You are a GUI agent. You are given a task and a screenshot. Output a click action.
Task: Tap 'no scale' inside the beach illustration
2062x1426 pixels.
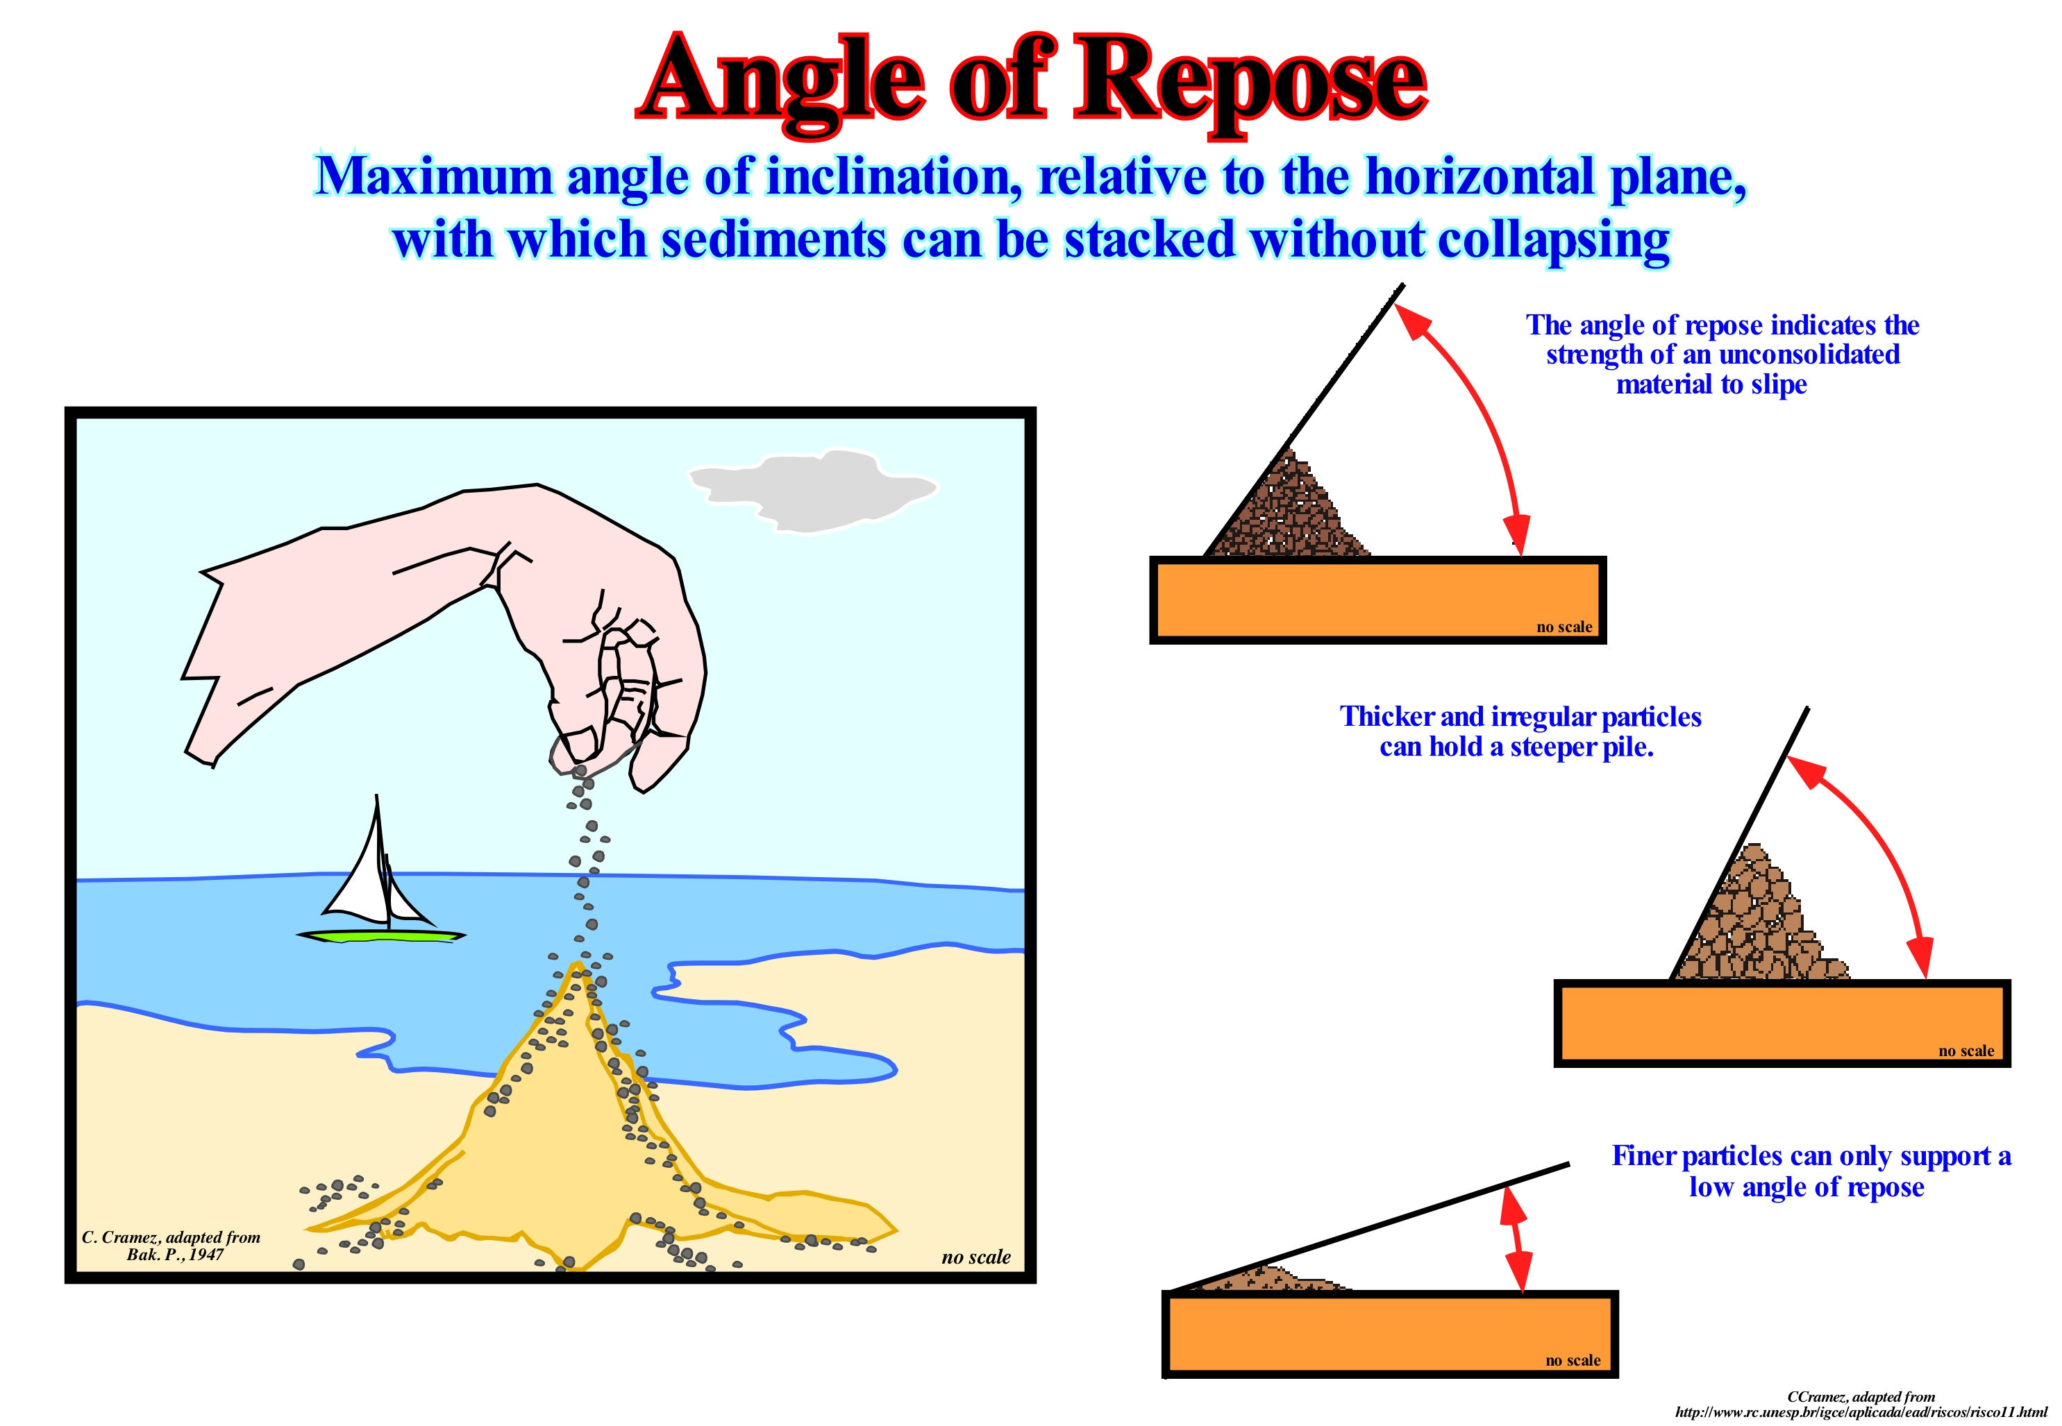tap(975, 1257)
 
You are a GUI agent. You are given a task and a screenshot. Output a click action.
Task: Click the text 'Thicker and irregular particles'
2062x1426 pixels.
tap(1520, 717)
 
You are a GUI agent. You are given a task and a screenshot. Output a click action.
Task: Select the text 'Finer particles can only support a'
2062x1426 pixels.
tap(1811, 1156)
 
